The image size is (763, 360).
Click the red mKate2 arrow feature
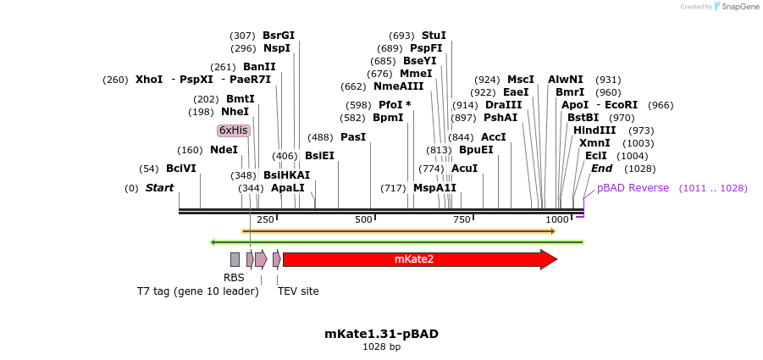(415, 259)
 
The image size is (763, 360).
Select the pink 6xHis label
(234, 130)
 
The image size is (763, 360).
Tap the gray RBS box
(235, 259)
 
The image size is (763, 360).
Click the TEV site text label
(298, 291)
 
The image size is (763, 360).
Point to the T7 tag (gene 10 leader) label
(197, 291)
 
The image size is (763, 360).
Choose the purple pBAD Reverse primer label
(633, 188)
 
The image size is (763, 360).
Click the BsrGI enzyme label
(279, 36)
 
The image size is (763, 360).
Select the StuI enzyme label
(434, 36)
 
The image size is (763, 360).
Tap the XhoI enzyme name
(149, 80)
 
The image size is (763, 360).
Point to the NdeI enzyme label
(224, 150)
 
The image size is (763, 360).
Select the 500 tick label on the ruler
(364, 220)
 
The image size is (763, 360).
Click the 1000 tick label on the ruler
(557, 220)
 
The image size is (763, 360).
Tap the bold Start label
(159, 188)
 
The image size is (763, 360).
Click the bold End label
(601, 169)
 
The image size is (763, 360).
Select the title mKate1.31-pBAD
(381, 334)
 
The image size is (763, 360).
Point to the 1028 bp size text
(381, 346)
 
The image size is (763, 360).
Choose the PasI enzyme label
(353, 137)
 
